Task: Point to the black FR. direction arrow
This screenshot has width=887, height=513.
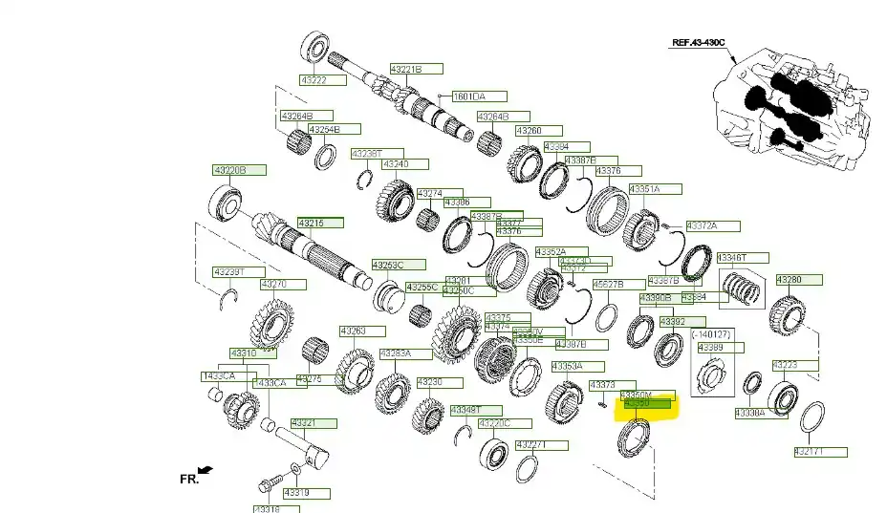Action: coord(206,469)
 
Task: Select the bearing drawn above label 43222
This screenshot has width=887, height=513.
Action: coord(314,47)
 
